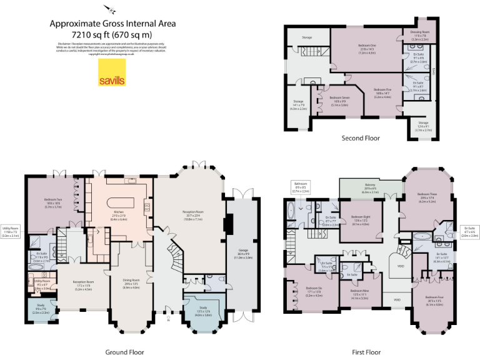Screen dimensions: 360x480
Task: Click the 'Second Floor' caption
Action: tap(361, 138)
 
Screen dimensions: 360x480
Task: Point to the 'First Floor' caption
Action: tap(364, 352)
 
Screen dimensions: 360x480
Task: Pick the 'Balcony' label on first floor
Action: tap(369, 185)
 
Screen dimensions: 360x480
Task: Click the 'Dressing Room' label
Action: tap(419, 31)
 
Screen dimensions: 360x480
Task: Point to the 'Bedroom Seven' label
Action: tap(339, 97)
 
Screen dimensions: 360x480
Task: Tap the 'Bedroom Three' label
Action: tap(427, 194)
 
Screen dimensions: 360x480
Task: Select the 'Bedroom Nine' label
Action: tap(359, 291)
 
